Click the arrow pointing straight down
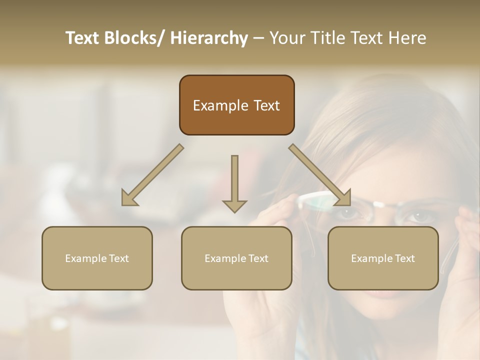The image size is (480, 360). click(234, 182)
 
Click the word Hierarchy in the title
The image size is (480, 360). click(209, 38)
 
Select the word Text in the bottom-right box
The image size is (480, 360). click(404, 258)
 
